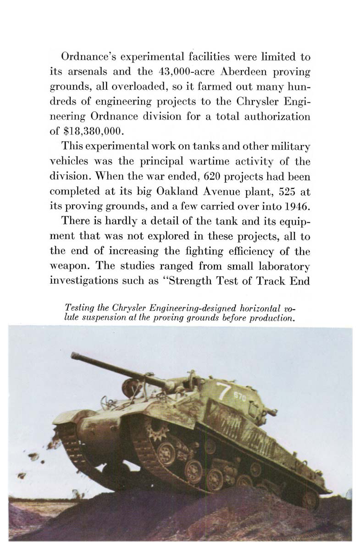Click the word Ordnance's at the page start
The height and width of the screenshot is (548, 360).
click(88, 57)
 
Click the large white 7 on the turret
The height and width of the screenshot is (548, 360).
click(223, 389)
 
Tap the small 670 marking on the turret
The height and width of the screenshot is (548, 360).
click(240, 395)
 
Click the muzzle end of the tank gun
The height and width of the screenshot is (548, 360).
click(74, 355)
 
